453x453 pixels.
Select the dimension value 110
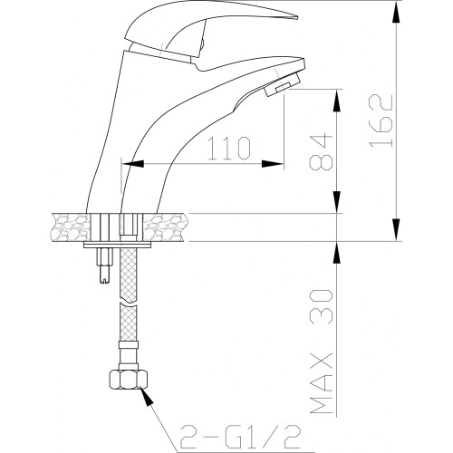pyautogui.click(x=230, y=148)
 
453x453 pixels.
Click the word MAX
pyautogui.click(x=322, y=383)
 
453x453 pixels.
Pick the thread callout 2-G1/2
pyautogui.click(x=240, y=437)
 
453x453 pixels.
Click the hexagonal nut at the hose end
pyautogui.click(x=129, y=380)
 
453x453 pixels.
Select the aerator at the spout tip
pyautogui.click(x=283, y=84)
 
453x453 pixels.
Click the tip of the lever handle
pyautogui.click(x=297, y=17)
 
